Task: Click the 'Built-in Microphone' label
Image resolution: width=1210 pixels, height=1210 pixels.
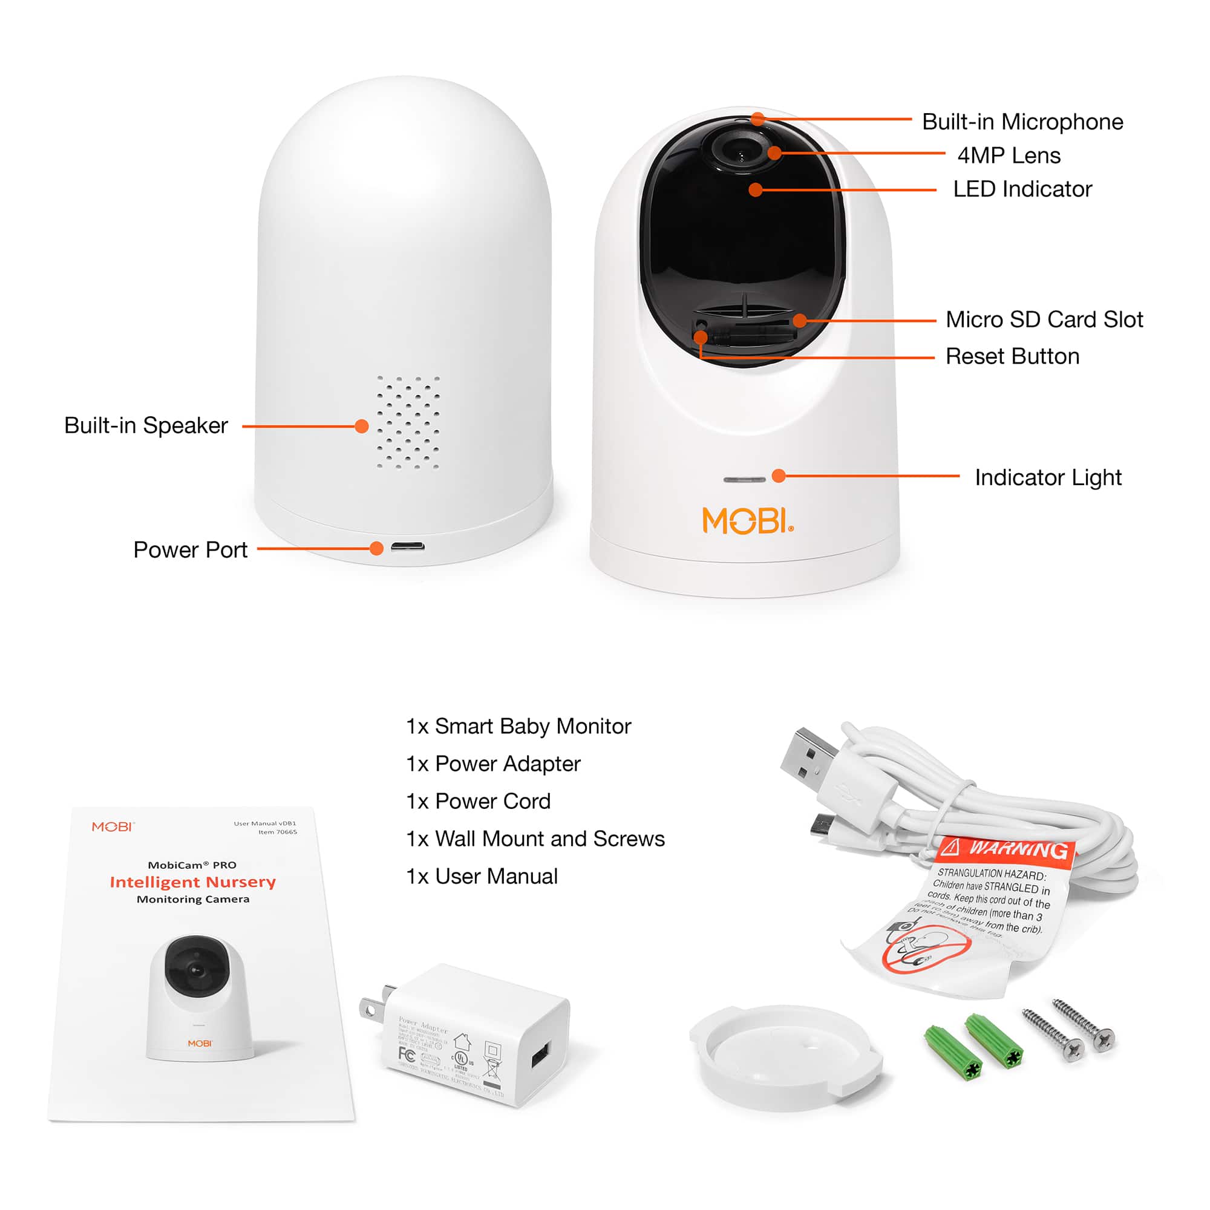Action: pos(1022,122)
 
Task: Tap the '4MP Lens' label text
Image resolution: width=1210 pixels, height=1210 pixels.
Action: pos(1009,155)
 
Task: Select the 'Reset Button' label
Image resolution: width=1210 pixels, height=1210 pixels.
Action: pos(1012,356)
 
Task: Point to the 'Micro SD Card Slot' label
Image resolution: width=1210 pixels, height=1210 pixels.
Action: pos(1044,319)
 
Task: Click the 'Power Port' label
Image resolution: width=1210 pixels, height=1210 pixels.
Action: pos(191,550)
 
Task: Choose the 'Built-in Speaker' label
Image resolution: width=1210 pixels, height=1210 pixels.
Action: pos(146,425)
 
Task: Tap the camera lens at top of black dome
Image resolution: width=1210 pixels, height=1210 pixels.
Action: pos(740,150)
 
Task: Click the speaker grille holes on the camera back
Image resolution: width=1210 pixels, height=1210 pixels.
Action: pos(408,422)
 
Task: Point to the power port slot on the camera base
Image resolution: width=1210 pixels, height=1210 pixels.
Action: pos(408,547)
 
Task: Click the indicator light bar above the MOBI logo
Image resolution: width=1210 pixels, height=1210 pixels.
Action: pos(744,480)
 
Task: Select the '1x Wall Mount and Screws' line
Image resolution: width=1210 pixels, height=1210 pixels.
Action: pos(535,839)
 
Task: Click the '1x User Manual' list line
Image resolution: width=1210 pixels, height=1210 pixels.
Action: pos(482,876)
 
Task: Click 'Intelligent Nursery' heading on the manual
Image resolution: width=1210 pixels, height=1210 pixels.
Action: pos(193,882)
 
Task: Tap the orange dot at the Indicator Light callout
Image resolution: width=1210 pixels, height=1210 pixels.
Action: pos(779,476)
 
